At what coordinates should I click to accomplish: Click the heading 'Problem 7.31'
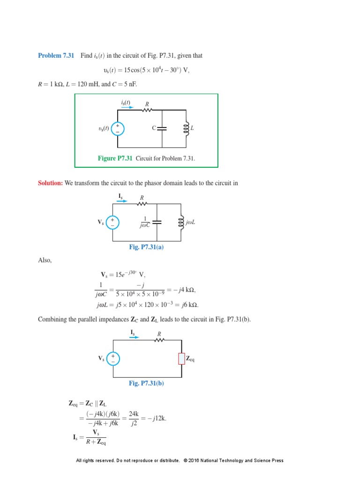(56, 56)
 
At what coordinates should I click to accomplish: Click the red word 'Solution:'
(50, 183)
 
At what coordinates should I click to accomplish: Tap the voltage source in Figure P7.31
(118, 128)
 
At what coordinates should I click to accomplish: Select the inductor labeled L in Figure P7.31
(186, 128)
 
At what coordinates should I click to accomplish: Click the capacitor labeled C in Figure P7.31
(162, 128)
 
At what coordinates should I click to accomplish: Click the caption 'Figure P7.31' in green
(115, 158)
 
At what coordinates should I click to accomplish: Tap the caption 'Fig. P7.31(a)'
(146, 247)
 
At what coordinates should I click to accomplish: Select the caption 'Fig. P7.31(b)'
(146, 383)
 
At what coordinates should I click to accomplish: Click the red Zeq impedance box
(181, 359)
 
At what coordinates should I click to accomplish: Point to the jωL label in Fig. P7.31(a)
(190, 222)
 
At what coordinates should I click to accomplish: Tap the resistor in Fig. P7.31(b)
(159, 340)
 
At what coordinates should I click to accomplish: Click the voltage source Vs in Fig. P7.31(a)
(112, 222)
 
